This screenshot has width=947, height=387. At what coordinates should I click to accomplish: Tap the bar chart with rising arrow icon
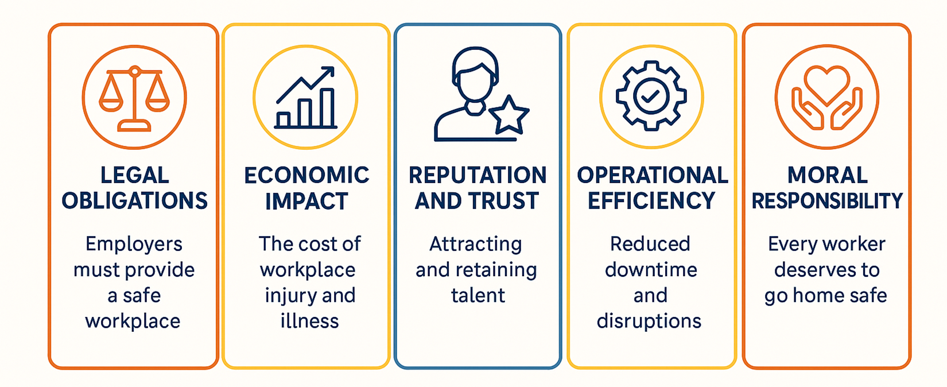click(305, 99)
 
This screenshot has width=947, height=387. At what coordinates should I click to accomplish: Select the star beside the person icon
click(508, 115)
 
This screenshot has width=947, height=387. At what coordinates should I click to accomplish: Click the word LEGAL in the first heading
click(134, 175)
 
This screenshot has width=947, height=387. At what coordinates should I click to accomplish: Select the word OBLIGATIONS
click(134, 201)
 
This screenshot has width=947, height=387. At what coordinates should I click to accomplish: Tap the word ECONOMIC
click(306, 175)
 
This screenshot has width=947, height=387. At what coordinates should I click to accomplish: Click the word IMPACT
click(306, 201)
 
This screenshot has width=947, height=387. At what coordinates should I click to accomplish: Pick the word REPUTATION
click(478, 175)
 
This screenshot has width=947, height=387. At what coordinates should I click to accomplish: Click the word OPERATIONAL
click(652, 175)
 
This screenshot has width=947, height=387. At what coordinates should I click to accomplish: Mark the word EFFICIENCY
click(651, 201)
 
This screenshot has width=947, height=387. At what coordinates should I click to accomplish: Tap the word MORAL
click(827, 175)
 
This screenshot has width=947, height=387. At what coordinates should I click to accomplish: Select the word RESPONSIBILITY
click(827, 201)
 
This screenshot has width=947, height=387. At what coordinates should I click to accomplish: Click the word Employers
click(134, 244)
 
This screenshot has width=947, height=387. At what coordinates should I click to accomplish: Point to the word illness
click(309, 321)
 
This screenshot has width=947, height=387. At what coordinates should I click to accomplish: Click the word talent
click(478, 295)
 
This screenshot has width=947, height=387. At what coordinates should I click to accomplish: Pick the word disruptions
click(649, 321)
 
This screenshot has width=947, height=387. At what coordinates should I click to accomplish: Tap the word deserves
click(826, 270)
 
